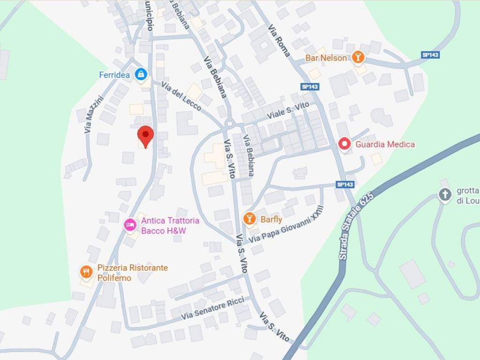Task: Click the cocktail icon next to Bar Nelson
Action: (x=358, y=57)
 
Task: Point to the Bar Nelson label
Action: (x=326, y=58)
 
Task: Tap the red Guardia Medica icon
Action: (x=345, y=144)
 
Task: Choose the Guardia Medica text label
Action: (x=385, y=144)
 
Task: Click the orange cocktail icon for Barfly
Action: (x=249, y=218)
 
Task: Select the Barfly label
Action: (x=271, y=219)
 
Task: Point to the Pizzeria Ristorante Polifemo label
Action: (x=132, y=273)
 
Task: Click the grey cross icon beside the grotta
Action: (x=444, y=195)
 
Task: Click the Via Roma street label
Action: (x=279, y=41)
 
